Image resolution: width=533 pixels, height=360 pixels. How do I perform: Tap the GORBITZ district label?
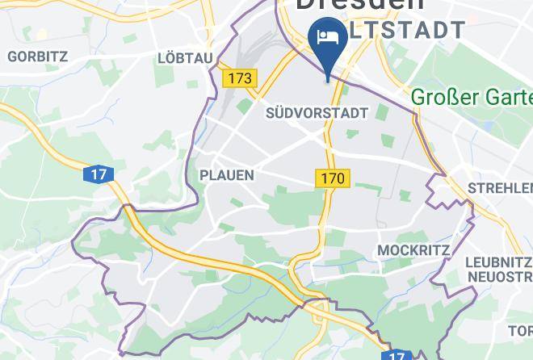coord(37,57)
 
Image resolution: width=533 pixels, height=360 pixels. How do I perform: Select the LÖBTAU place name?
coord(185,58)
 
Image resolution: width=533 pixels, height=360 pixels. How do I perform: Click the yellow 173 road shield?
coord(240,78)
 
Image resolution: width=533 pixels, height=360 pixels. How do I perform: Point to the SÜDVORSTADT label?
coord(317,114)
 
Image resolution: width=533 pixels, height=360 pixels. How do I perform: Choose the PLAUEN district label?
coord(227,175)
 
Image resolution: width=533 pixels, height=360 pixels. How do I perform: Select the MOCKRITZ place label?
coord(413,250)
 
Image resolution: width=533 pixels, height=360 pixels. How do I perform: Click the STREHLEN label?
coord(499,189)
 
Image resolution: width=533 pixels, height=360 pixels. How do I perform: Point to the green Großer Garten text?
coord(472,98)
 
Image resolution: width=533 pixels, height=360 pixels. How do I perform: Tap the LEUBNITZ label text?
coord(498,262)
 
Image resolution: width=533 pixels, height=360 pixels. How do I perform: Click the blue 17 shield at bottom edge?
coord(396,355)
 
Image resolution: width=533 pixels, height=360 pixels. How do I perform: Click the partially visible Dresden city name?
coord(360,5)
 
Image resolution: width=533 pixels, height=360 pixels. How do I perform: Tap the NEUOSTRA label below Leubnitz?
coord(498,278)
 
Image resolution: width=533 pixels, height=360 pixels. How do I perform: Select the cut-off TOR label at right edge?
coord(520,330)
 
